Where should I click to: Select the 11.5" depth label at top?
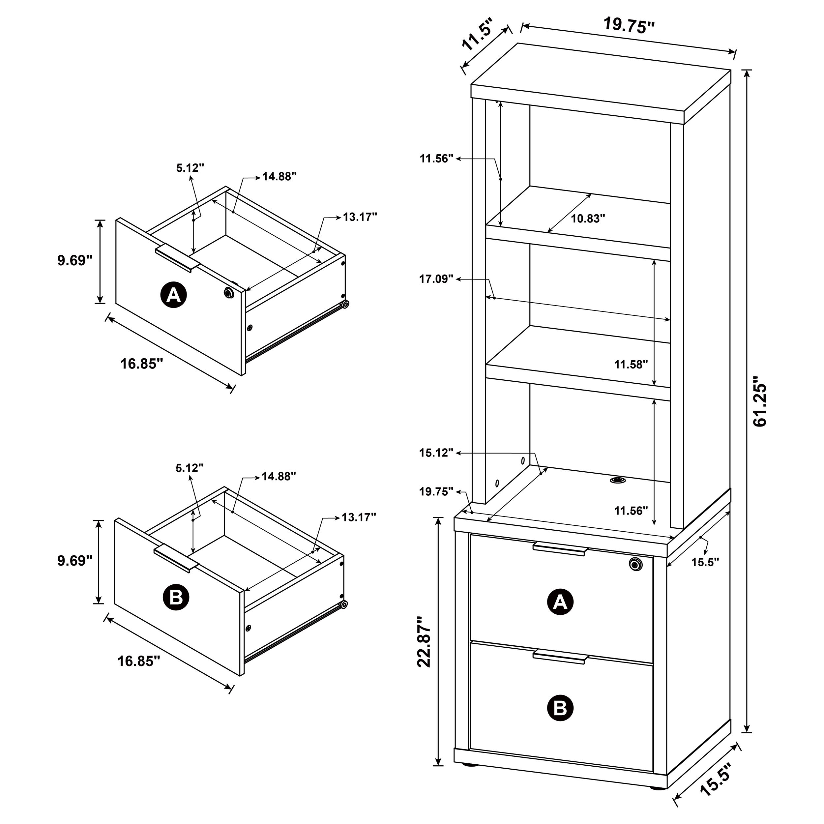(477, 34)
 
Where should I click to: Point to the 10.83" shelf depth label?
(588, 219)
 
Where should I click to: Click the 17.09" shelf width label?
(436, 280)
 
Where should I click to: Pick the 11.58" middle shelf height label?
(631, 364)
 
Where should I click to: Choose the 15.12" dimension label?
(436, 453)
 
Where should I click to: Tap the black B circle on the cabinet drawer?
(560, 708)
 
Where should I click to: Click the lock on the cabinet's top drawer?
(635, 564)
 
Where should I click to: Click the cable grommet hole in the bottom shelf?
(616, 480)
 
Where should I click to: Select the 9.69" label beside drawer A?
(74, 261)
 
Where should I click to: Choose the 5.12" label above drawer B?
(190, 468)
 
